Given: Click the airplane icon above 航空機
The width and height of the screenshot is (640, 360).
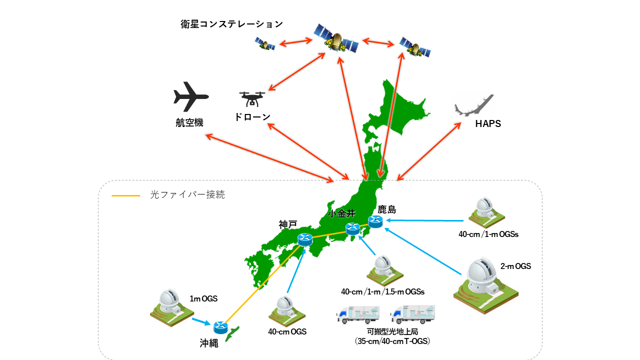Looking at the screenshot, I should click(190, 96).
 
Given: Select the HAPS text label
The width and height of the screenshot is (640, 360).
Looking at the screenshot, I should click(487, 124).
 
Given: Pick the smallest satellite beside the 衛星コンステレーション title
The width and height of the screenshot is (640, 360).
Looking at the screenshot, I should click(264, 44).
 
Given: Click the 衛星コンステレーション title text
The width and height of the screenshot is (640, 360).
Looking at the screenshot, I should click(231, 24).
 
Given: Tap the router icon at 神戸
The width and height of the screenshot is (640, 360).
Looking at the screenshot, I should click(304, 239).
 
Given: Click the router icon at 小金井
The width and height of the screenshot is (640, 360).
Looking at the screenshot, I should click(353, 229).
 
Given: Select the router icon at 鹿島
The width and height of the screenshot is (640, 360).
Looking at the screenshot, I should click(375, 220).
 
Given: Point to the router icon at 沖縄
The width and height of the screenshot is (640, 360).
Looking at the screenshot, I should click(220, 327).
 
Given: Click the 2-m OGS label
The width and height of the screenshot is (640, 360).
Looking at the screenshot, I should click(515, 266).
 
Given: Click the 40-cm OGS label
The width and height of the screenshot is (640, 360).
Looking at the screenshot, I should click(287, 331).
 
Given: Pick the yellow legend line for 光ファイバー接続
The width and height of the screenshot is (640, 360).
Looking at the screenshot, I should click(125, 195).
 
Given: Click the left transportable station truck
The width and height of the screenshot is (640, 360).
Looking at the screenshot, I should click(357, 314).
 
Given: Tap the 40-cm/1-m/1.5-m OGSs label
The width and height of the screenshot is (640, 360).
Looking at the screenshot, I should click(382, 291).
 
